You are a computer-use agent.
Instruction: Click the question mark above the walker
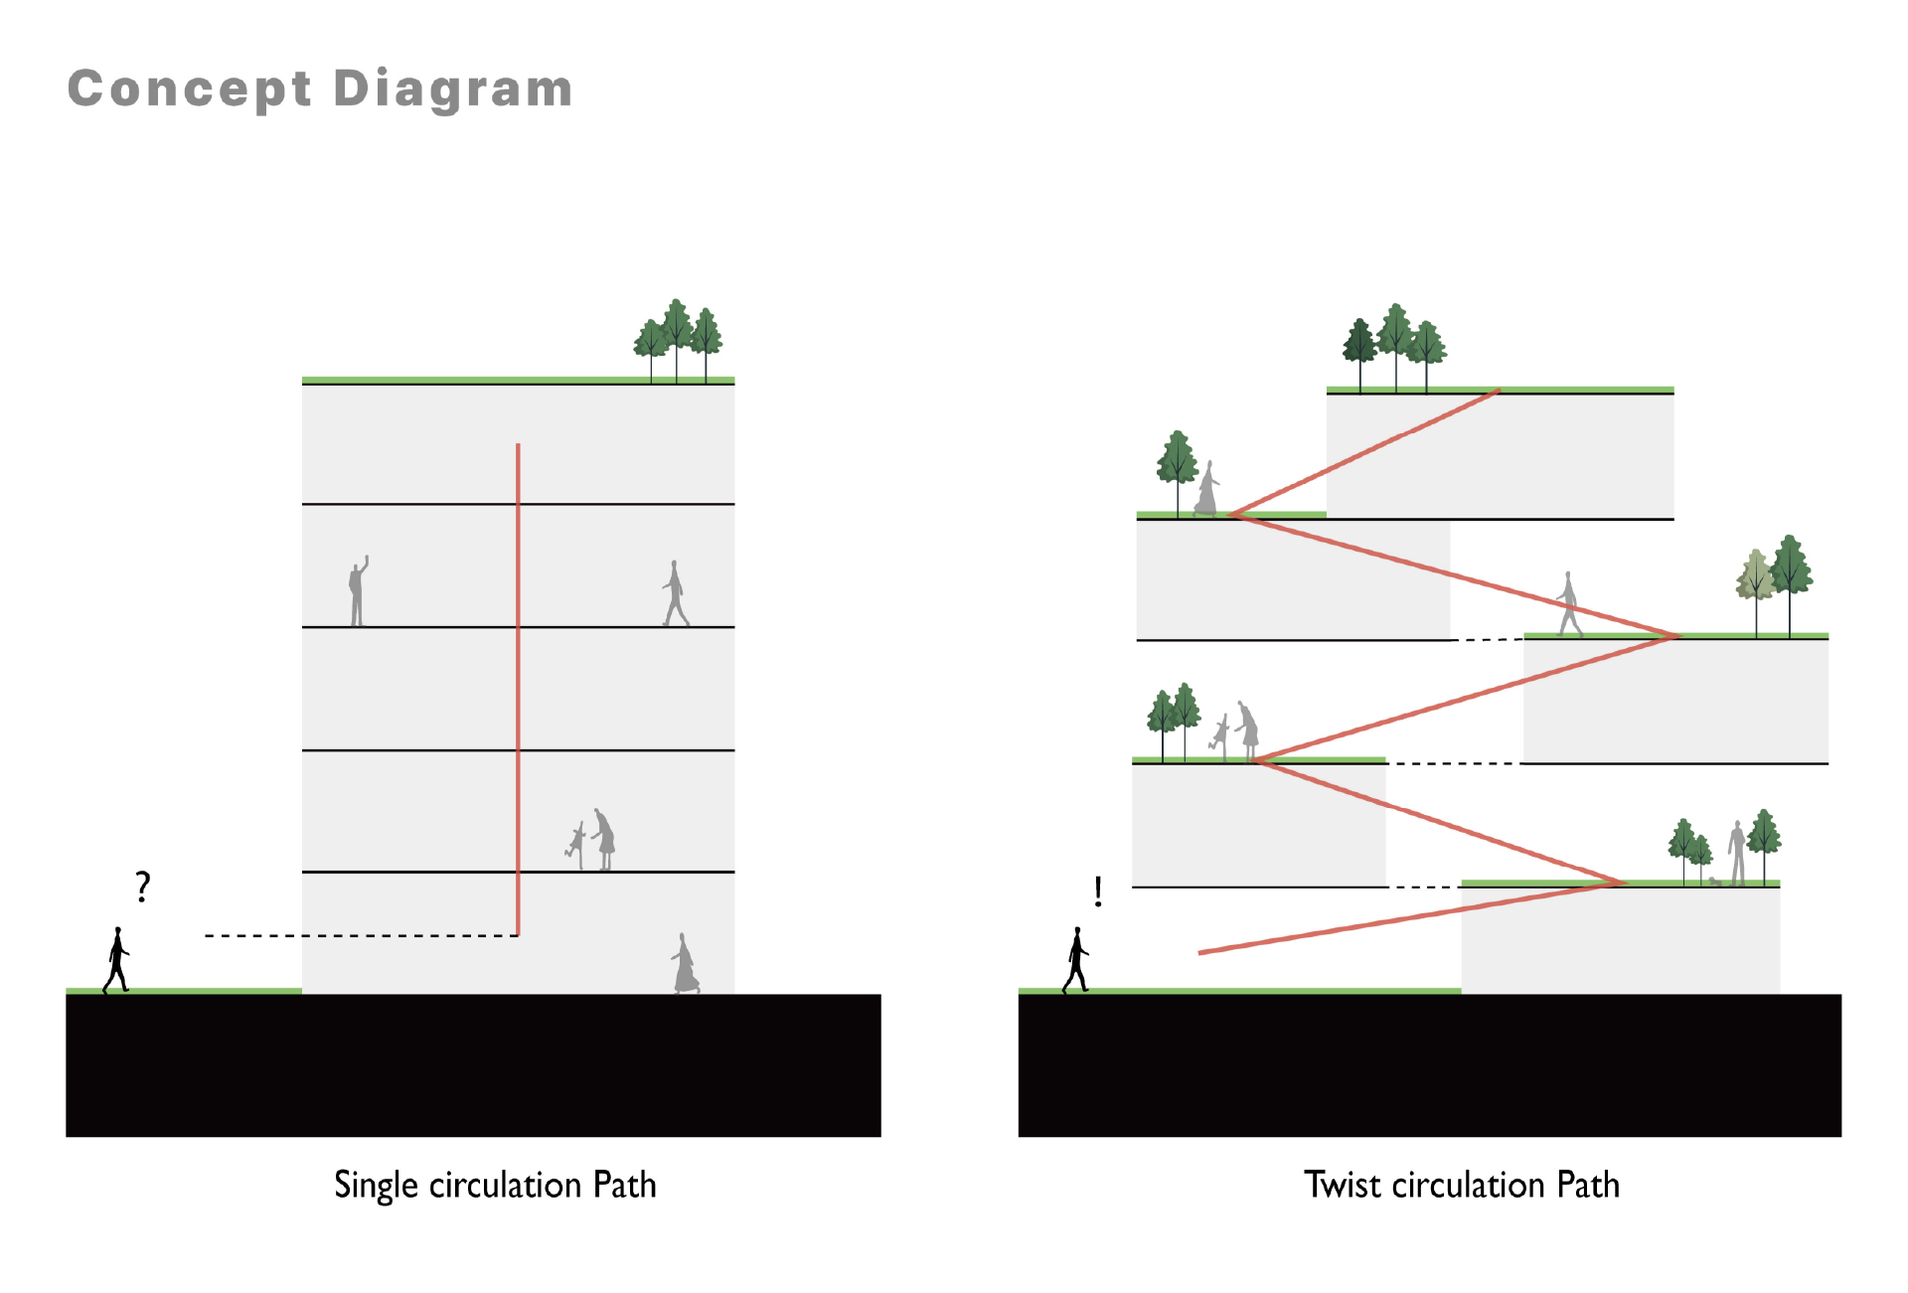pyautogui.click(x=143, y=886)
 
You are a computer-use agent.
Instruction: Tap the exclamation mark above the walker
pyautogui.click(x=1097, y=891)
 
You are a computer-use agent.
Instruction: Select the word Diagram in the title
pyautogui.click(x=453, y=89)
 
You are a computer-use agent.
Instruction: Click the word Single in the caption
pyautogui.click(x=376, y=1185)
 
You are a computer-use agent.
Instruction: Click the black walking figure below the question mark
pyautogui.click(x=117, y=960)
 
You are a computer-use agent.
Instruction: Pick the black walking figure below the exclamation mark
pyautogui.click(x=1076, y=960)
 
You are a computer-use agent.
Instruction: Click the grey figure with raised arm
pyautogui.click(x=358, y=591)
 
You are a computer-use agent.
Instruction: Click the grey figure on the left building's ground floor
pyautogui.click(x=685, y=964)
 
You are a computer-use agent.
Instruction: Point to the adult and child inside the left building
pyautogui.click(x=593, y=841)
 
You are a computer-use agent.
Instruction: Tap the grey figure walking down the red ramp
pyautogui.click(x=1569, y=603)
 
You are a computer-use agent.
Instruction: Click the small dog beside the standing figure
pyautogui.click(x=1715, y=881)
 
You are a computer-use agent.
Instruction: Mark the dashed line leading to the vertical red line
pyautogui.click(x=360, y=935)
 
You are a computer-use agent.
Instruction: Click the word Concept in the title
pyautogui.click(x=189, y=89)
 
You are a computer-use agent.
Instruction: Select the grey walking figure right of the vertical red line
pyautogui.click(x=676, y=593)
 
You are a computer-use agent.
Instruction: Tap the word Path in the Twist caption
pyautogui.click(x=1588, y=1185)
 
